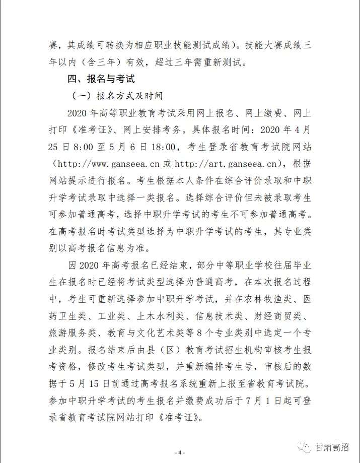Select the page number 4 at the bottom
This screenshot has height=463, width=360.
click(180, 452)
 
